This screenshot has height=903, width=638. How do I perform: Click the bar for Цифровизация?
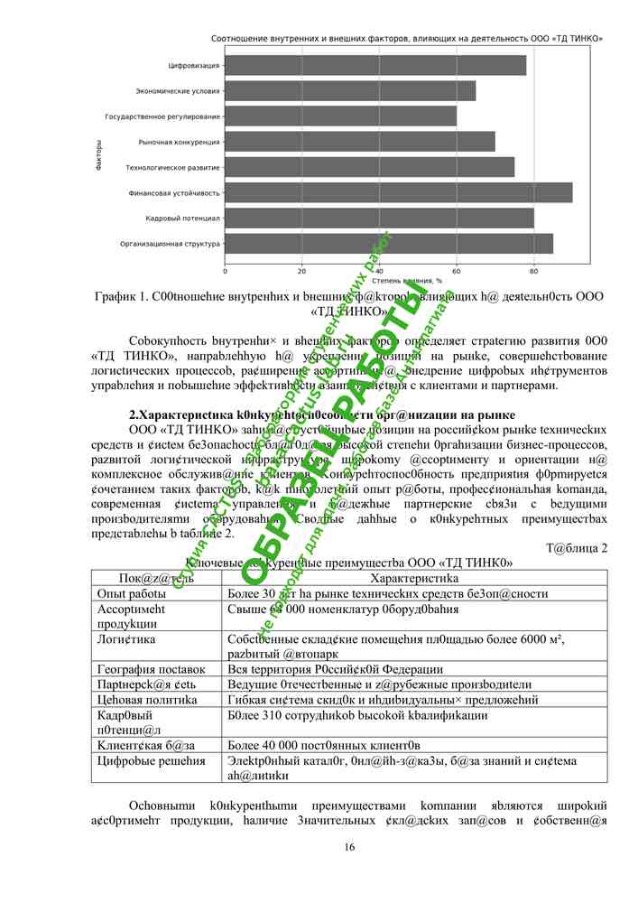pos(374,66)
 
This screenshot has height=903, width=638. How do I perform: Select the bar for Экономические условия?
pos(350,91)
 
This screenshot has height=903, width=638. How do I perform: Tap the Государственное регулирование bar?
pos(340,116)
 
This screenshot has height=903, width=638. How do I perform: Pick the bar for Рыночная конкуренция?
pos(359,142)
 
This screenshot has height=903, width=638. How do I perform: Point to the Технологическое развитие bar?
pos(369,167)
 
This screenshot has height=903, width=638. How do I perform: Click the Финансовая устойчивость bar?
pos(398,192)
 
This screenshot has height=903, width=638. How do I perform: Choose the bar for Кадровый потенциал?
pos(379,218)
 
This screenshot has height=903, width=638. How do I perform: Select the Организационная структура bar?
pos(388,243)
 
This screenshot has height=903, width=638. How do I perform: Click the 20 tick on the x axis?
pos(302,270)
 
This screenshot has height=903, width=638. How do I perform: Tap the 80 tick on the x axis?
pos(533,270)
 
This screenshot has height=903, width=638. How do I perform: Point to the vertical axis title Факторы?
pos(97,154)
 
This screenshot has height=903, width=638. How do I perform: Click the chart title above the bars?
pos(407,40)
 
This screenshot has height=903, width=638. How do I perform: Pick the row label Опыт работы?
pos(131,594)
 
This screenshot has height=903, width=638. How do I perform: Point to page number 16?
pos(350,846)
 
